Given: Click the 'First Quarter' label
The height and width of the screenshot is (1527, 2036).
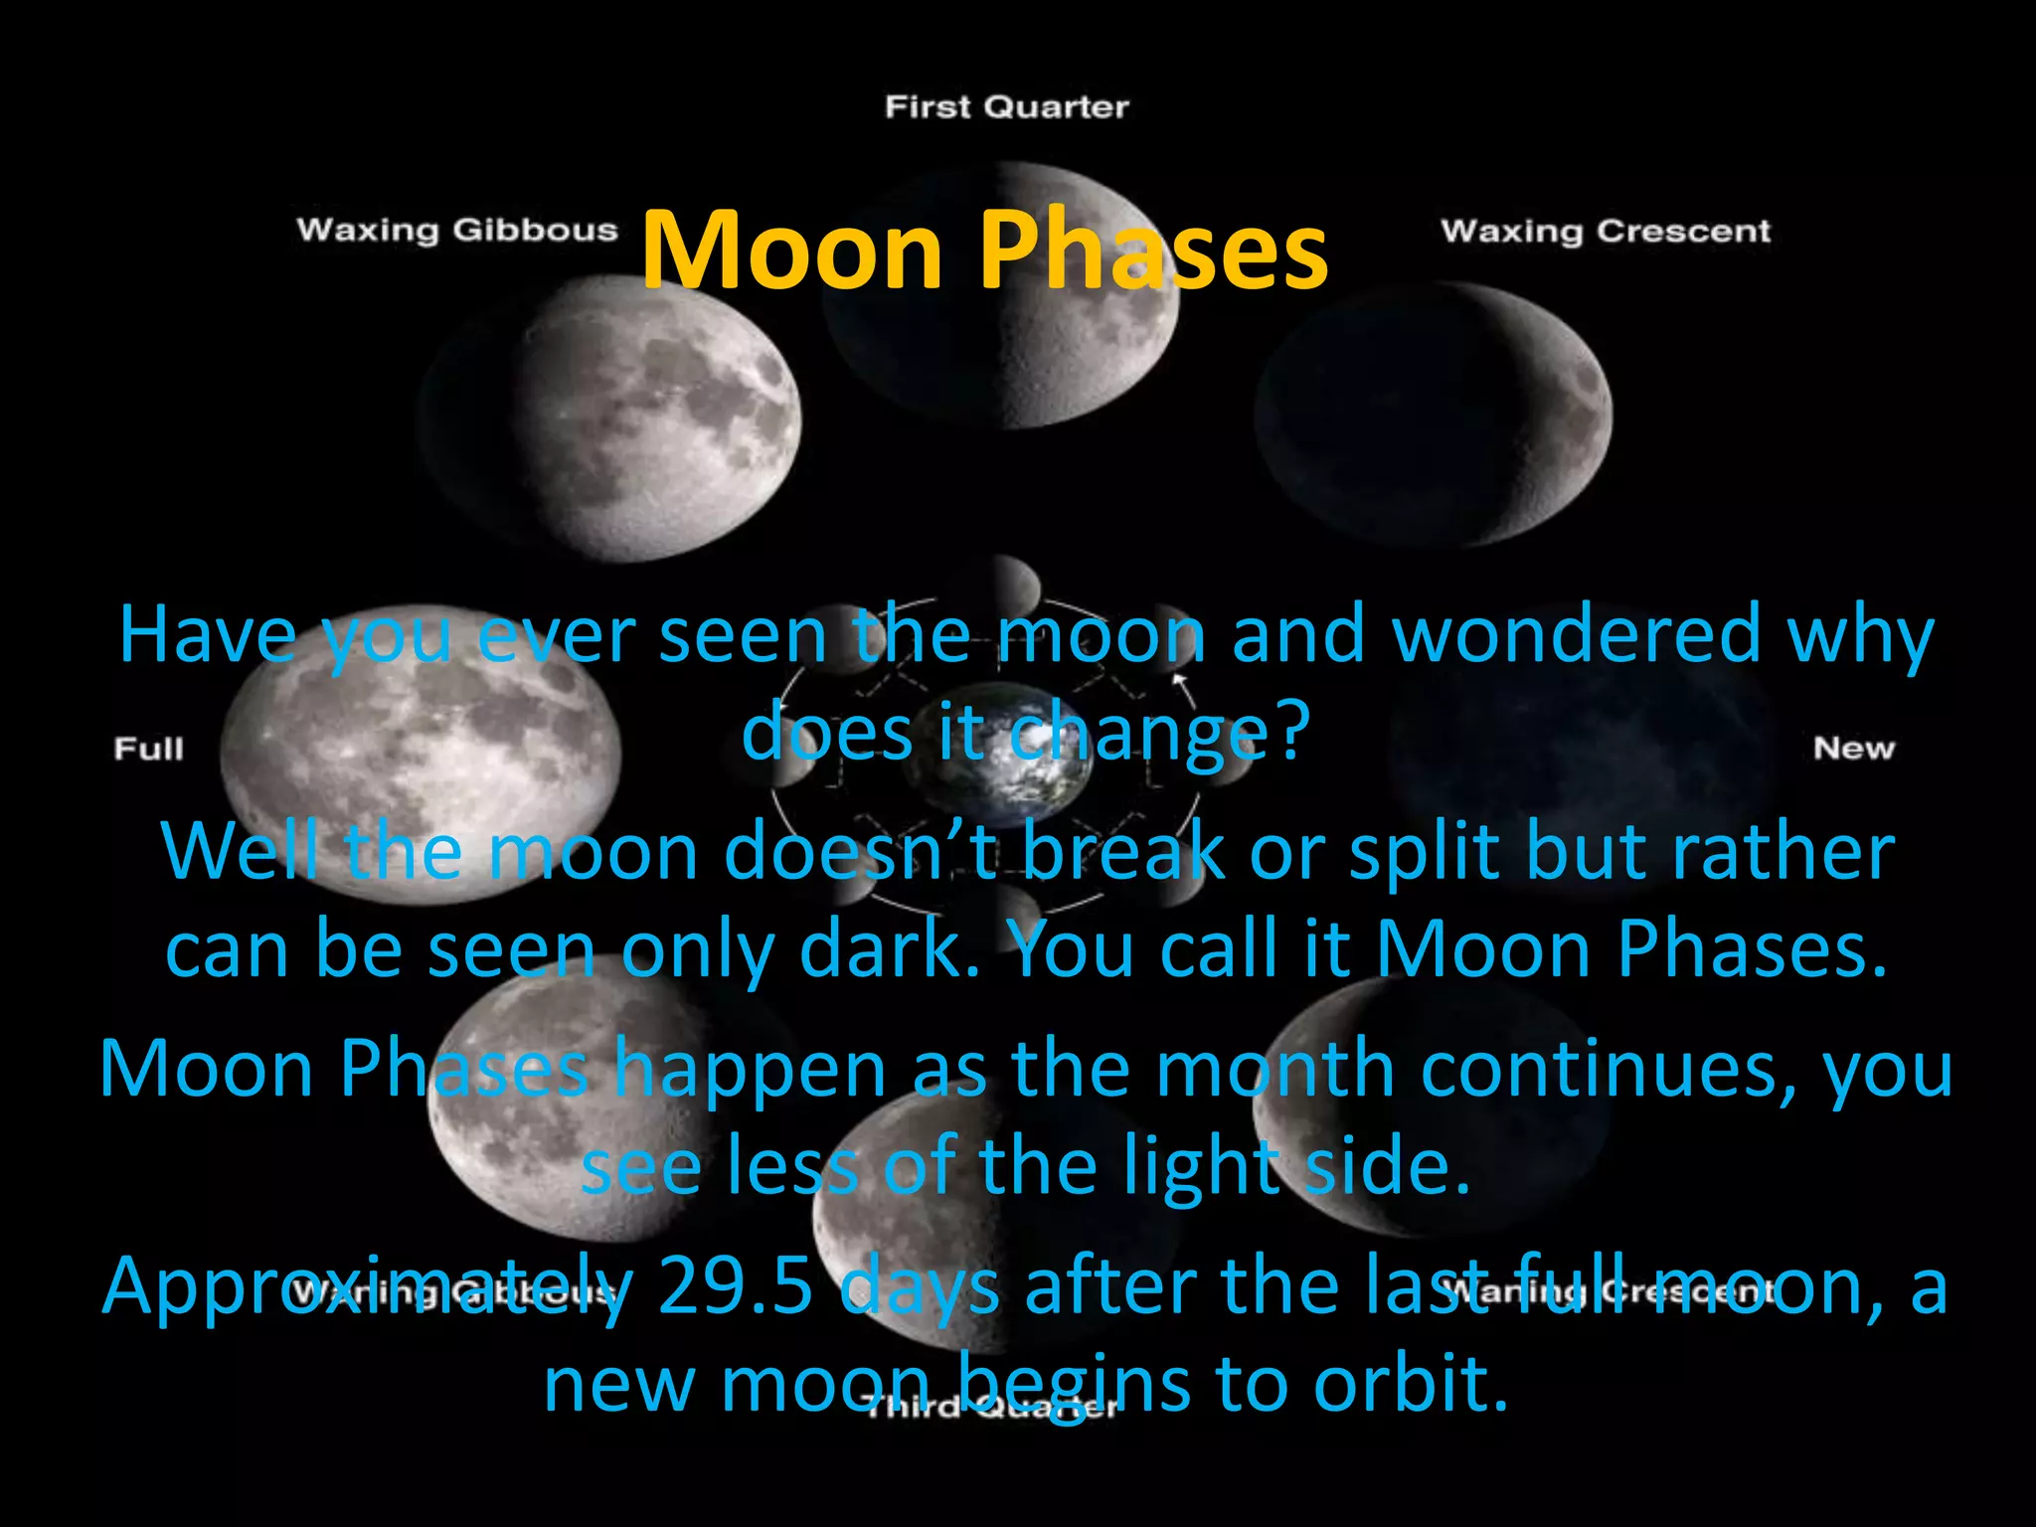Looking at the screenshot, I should tap(1006, 107).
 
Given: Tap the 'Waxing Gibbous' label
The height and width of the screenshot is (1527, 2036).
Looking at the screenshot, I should tap(457, 230).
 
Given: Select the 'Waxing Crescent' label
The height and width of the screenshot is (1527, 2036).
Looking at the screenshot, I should tap(1606, 232).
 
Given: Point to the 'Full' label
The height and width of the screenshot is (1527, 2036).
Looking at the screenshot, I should tap(149, 749).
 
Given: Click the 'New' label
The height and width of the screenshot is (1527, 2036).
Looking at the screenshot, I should tap(1854, 749).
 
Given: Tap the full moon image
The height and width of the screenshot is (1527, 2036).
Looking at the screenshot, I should tap(418, 754).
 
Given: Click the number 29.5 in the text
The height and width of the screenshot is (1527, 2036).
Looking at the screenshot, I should tap(736, 1285).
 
